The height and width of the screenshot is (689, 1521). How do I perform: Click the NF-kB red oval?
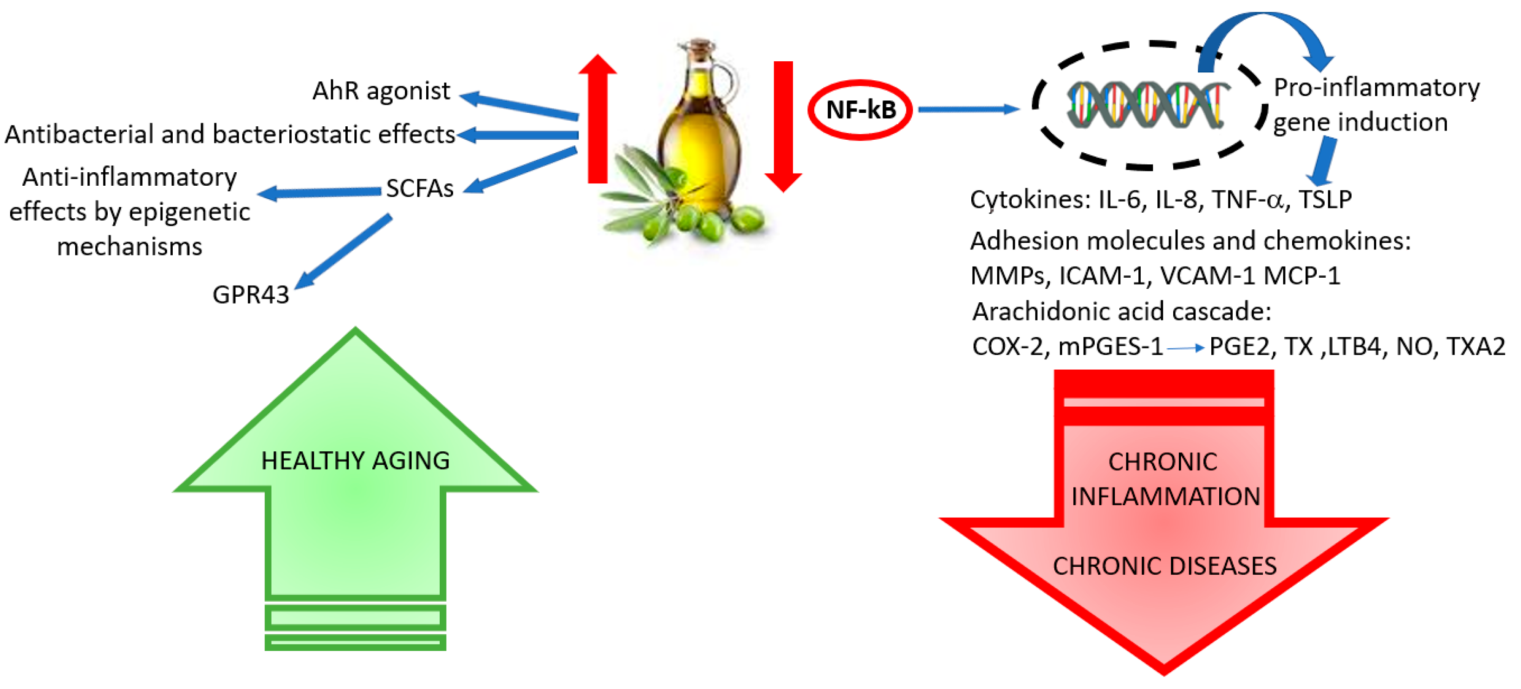860,110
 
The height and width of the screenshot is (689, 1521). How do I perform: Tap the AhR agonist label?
381,91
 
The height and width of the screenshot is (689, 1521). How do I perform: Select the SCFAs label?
419,189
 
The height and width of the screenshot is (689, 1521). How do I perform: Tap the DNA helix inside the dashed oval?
1145,105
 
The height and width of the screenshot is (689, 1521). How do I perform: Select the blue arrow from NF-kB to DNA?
968,109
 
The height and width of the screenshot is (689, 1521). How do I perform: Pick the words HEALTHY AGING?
356,461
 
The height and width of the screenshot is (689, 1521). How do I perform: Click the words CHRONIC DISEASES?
1164,566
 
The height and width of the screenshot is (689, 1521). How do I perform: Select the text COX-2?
1008,346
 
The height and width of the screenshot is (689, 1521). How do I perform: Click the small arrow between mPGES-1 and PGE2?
1186,348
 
